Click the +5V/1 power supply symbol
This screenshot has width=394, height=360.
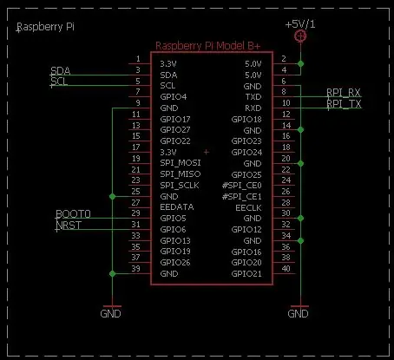pos(300,36)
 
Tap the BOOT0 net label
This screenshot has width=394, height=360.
pos(73,214)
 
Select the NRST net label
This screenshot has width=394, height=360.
pos(69,225)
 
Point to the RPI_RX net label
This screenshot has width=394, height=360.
pos(344,93)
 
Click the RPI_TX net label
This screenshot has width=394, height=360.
pos(344,103)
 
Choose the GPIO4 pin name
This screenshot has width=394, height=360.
pos(174,97)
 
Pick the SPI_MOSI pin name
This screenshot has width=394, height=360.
pos(181,163)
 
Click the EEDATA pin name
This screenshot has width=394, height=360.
pos(177,207)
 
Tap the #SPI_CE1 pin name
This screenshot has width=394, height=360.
pos(242,197)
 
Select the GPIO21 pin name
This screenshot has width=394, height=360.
pos(246,273)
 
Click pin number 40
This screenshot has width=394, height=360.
pos(286,269)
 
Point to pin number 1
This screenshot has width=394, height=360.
pos(138,59)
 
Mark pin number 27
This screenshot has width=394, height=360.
pos(135,202)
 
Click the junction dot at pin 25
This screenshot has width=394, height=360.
pos(113,197)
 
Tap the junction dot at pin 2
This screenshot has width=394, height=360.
pos(300,63)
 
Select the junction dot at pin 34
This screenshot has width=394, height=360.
pos(300,240)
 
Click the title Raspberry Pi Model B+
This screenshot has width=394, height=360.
pos(208,46)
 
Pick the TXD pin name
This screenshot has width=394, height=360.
pos(253,97)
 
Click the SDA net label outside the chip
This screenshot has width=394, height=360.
pos(61,71)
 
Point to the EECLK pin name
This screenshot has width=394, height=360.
pos(248,207)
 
